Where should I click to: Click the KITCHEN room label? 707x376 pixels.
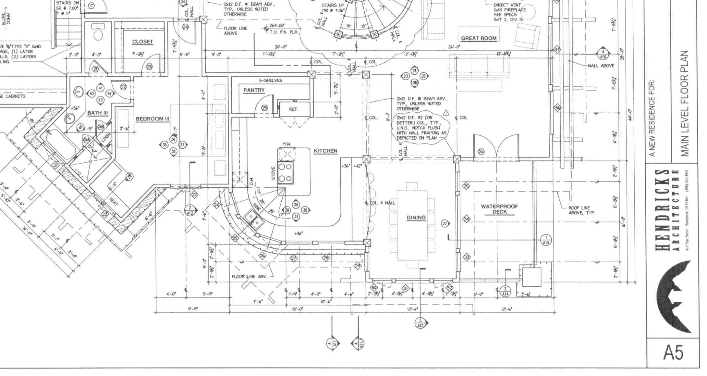click(x=325, y=151)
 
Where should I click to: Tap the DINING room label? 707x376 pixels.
click(x=416, y=218)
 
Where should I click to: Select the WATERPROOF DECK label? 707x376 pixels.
click(x=499, y=209)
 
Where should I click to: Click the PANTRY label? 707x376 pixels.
click(x=254, y=90)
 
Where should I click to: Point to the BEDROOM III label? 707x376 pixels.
click(x=152, y=119)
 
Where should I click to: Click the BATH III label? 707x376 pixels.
click(x=97, y=113)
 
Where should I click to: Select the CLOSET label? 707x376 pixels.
click(x=142, y=42)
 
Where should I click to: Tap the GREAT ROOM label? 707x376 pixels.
click(x=479, y=38)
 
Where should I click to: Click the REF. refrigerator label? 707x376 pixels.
click(x=293, y=109)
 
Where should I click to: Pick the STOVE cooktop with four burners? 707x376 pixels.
click(x=285, y=173)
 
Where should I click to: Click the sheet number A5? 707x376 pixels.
click(x=673, y=353)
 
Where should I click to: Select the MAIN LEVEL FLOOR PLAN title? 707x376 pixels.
click(x=684, y=103)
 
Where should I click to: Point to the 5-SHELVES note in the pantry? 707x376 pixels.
click(x=270, y=81)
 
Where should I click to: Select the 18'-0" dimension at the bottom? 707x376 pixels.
click(x=298, y=309)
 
